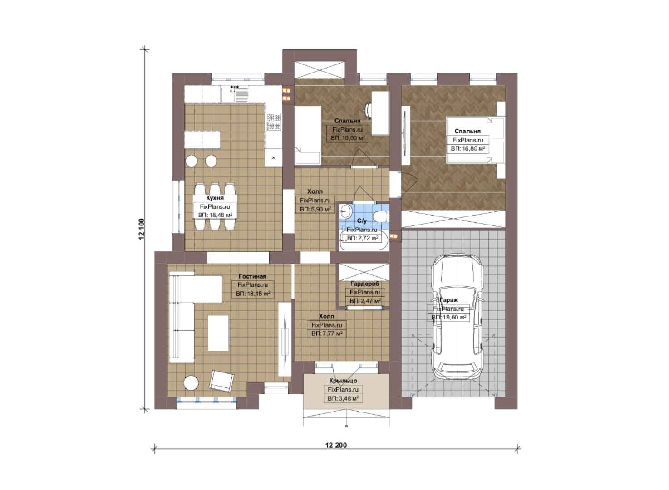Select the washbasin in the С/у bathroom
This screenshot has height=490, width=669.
click(345, 212)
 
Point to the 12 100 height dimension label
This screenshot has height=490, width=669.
click(141, 229)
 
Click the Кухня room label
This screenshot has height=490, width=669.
click(215, 198)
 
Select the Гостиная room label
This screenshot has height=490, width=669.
click(252, 276)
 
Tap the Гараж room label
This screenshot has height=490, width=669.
click(448, 300)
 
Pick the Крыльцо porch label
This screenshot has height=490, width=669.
click(343, 381)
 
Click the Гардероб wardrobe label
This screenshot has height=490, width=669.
click(364, 284)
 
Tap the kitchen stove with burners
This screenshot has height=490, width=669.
click(274, 122)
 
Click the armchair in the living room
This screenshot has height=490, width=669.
click(221, 381)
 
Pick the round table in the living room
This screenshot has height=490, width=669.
click(191, 383)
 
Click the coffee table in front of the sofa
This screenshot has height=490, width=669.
click(218, 333)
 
